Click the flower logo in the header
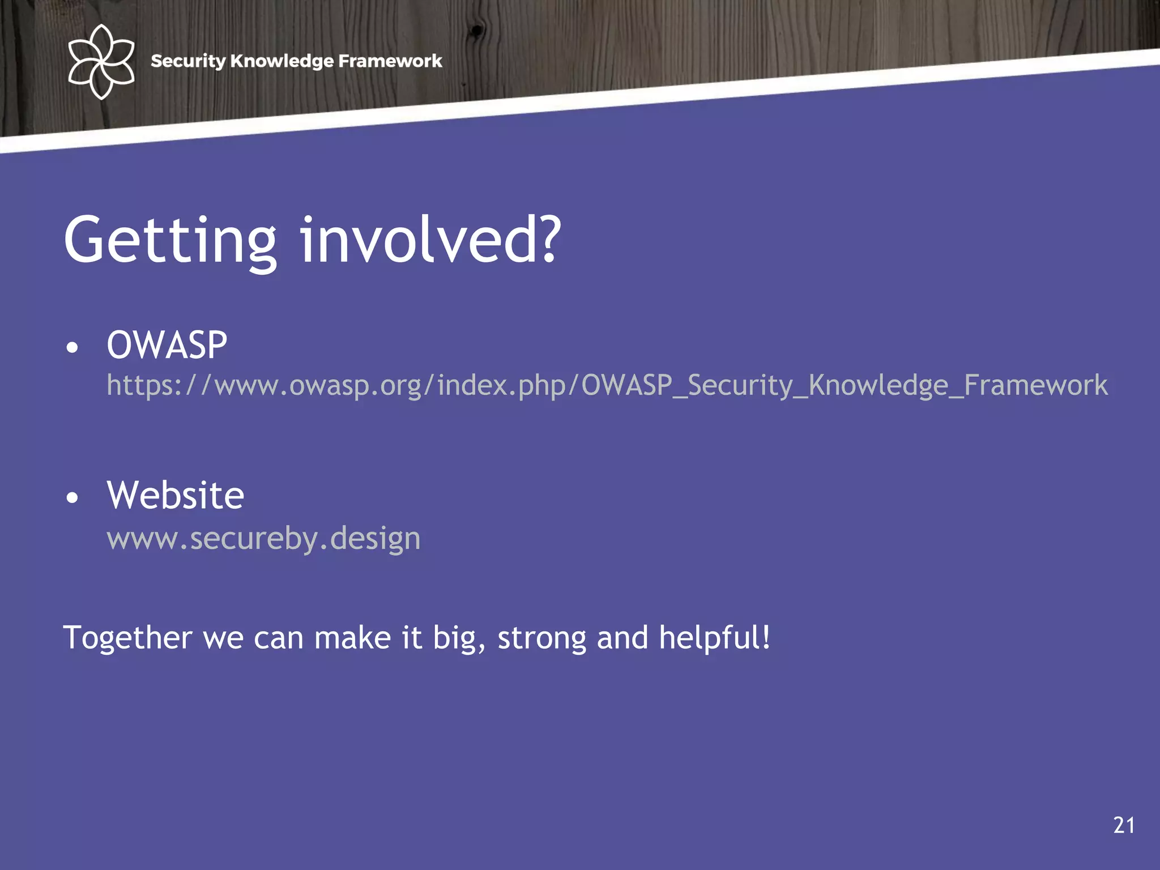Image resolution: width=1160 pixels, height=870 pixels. click(x=101, y=61)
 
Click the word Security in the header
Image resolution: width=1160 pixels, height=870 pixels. click(x=188, y=61)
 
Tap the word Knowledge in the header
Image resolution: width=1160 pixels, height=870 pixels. click(x=282, y=61)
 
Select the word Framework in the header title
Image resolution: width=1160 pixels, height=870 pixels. click(x=390, y=61)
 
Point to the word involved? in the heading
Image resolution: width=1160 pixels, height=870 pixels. click(x=430, y=241)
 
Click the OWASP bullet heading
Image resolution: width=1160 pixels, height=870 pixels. click(x=167, y=345)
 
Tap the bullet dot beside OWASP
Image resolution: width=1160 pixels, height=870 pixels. click(x=72, y=348)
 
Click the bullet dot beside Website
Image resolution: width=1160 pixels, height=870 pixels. click(x=72, y=498)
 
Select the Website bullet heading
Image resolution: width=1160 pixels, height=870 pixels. click(x=176, y=496)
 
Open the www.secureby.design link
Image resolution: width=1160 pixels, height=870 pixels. click(x=263, y=538)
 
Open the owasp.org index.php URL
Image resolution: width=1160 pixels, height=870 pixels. click(x=606, y=386)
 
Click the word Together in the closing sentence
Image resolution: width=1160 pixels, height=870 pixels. click(x=127, y=638)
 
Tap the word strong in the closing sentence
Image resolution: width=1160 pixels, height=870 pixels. click(x=541, y=638)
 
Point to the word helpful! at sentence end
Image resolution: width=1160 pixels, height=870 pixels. click(x=714, y=637)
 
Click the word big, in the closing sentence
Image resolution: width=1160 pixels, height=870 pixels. click(x=459, y=638)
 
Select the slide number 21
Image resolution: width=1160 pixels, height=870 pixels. click(x=1124, y=825)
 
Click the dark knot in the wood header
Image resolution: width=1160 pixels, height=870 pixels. click(x=477, y=29)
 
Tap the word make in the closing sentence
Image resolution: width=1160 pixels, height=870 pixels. click(x=352, y=638)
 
